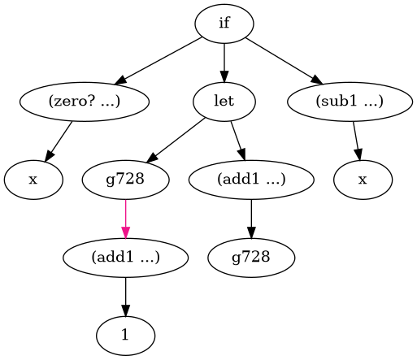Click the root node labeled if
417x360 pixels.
(224, 24)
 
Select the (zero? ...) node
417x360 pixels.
(85, 102)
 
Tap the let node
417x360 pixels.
(224, 102)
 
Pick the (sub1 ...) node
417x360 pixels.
(350, 102)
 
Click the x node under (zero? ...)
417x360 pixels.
(33, 180)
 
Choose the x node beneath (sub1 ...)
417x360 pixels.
(363, 180)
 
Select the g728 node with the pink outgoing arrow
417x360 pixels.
(125, 180)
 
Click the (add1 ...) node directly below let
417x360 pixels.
(251, 180)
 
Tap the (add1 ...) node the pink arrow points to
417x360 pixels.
(125, 258)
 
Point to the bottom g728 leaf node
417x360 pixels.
(251, 258)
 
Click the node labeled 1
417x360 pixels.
(125, 336)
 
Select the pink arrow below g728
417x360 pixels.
(125, 219)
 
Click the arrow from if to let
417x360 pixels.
(224, 63)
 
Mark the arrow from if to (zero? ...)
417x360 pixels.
(159, 61)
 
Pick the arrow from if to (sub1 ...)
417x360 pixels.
(285, 61)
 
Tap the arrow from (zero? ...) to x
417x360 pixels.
(59, 141)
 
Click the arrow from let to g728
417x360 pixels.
(176, 141)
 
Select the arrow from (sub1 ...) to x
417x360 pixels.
(357, 141)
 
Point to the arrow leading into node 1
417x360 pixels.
(125, 297)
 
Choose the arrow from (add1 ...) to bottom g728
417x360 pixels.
(251, 219)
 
